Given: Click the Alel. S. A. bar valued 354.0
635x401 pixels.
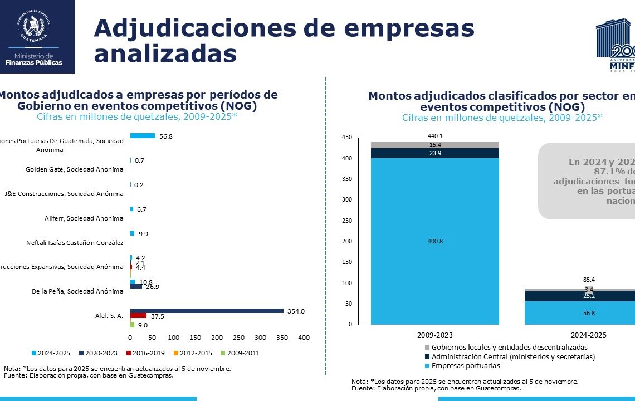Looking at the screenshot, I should (x=206, y=311).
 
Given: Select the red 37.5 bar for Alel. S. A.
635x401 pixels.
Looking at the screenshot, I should (x=138, y=315).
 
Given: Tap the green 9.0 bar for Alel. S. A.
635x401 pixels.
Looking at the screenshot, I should (x=132, y=325).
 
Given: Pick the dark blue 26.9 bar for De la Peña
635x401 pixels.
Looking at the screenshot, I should (x=136, y=287).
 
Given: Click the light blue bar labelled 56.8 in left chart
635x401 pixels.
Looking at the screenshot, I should (x=142, y=135).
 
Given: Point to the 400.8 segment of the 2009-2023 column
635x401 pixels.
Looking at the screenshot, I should (x=434, y=241).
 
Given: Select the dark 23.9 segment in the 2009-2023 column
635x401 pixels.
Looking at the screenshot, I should (x=434, y=153).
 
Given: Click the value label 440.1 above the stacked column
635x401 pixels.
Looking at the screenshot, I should (x=435, y=136).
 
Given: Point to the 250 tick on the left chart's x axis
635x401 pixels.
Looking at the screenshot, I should (x=238, y=338).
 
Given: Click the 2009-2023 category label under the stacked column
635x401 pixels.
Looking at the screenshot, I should (x=434, y=335).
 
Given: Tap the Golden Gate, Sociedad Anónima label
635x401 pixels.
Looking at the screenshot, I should (x=75, y=169).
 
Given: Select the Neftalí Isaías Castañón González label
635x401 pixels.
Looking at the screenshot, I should (x=75, y=243).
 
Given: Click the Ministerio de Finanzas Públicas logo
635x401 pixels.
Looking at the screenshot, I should (x=37, y=37).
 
